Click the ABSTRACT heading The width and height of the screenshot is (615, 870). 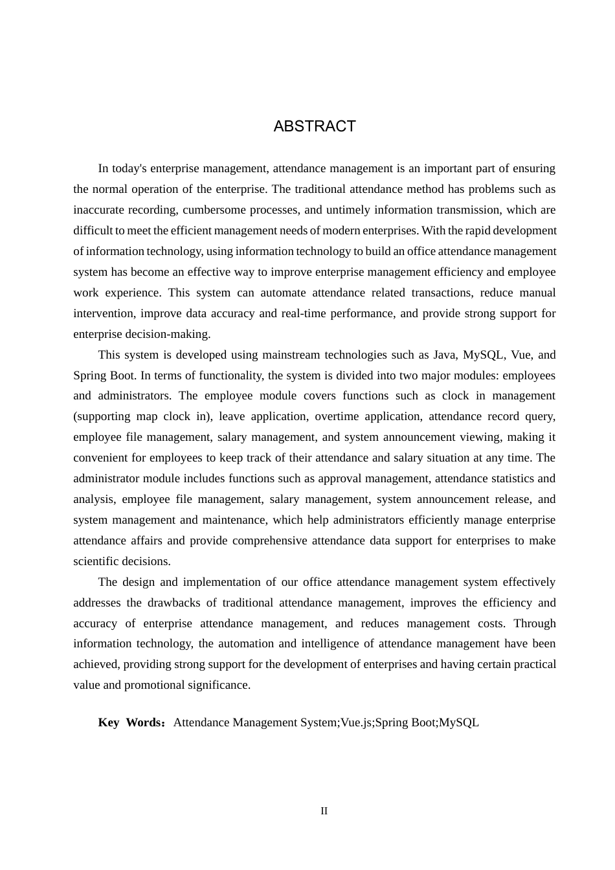315,126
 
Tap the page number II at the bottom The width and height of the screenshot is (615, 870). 324,811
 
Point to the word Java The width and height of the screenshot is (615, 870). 445,355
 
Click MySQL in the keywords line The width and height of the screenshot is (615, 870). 459,722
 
